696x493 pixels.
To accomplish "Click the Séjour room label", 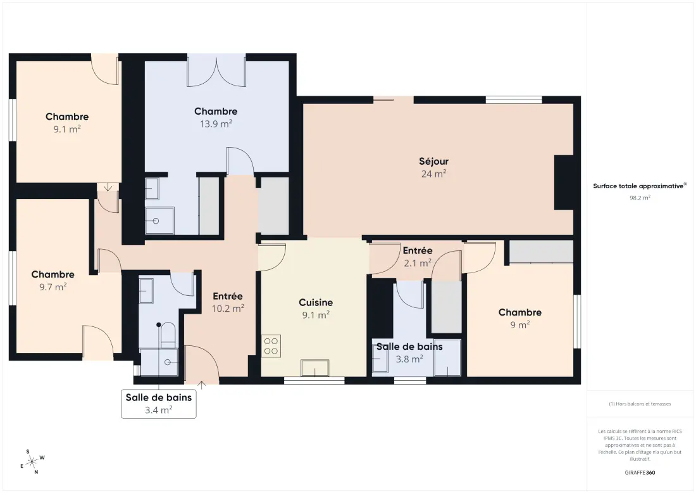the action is tap(433, 162).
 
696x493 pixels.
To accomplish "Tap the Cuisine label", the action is tap(316, 303).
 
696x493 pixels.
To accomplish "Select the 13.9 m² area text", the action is tap(216, 124).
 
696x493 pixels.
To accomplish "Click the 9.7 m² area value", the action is tap(53, 287).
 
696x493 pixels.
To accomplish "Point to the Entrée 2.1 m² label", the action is tap(417, 257).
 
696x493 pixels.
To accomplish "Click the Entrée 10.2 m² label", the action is tap(228, 302).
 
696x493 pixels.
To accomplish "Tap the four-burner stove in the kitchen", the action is tap(271, 346).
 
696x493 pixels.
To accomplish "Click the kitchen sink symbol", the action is tap(314, 368).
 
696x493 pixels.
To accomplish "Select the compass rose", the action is tap(32, 463).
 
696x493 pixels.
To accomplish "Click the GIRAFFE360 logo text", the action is tap(640, 473).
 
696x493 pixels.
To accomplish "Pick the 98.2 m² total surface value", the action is tap(640, 198).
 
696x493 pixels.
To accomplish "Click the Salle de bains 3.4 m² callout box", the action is tap(158, 404).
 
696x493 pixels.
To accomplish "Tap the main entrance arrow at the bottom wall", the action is tap(201, 385).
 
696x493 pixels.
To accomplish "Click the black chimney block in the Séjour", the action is tap(564, 182).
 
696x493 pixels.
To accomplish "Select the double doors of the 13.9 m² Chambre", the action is tap(216, 70).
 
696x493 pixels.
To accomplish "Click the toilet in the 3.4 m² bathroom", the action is tap(168, 335).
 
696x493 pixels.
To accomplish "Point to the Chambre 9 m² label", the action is tap(519, 318).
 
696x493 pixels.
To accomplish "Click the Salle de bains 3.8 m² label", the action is tap(409, 352).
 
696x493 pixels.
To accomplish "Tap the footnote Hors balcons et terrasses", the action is tap(640, 404).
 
